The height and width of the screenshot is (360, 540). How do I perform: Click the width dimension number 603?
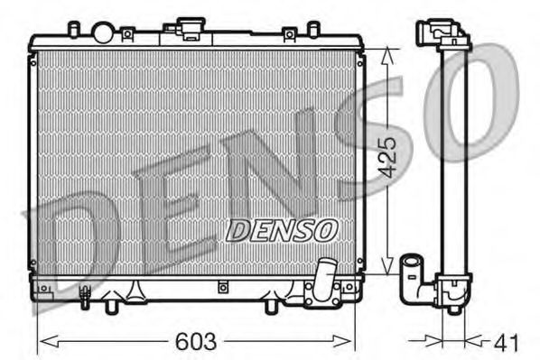[195, 342]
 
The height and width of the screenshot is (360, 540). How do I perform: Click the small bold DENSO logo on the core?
[280, 231]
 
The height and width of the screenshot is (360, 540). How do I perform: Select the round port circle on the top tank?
[103, 33]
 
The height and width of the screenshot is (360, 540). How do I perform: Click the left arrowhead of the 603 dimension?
[42, 341]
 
